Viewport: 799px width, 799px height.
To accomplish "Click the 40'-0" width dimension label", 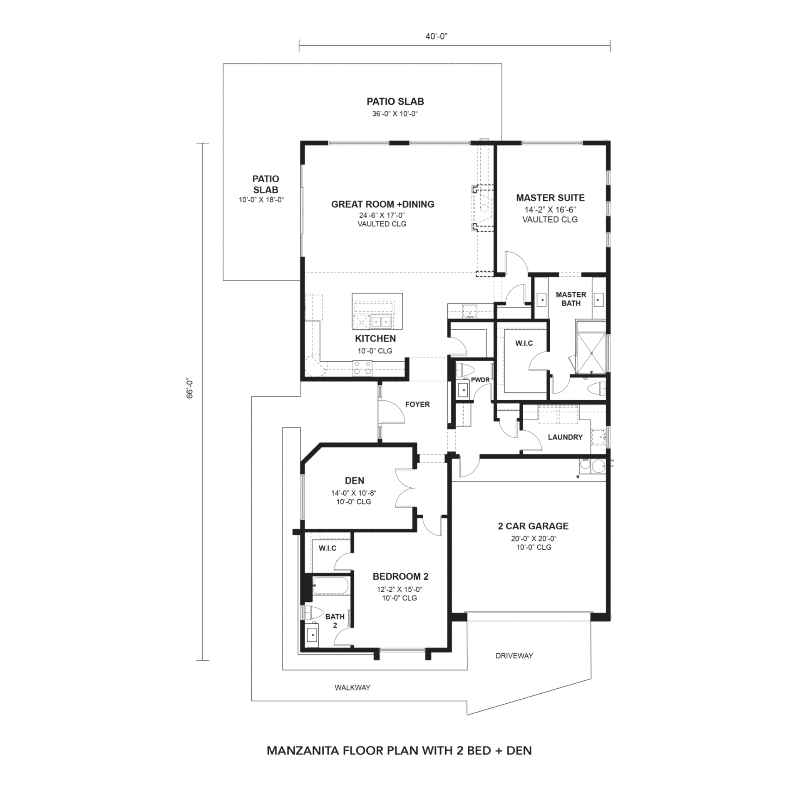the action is tap(436, 37).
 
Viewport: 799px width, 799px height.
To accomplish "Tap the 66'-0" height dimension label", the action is tap(190, 389).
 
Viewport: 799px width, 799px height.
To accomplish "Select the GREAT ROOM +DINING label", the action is tap(382, 204).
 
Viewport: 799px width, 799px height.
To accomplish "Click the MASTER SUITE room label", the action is tap(550, 198).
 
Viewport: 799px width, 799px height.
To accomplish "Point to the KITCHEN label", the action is tap(375, 338).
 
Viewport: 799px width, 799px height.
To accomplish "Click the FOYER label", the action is tap(417, 404).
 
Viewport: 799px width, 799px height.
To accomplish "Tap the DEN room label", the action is tap(355, 481).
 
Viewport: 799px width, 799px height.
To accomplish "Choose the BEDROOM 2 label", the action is tap(400, 576).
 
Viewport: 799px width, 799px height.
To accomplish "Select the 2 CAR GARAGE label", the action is tap(533, 526).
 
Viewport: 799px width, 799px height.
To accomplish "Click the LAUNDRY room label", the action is tap(565, 437).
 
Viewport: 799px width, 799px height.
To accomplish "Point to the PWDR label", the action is tap(480, 380).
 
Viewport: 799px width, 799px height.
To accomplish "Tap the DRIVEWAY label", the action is tap(514, 656).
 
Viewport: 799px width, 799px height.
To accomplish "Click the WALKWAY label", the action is tap(352, 688).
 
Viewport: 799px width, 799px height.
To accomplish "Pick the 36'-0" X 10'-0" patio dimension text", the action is tap(395, 114).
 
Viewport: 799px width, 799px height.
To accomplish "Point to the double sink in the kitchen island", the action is tap(381, 321).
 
